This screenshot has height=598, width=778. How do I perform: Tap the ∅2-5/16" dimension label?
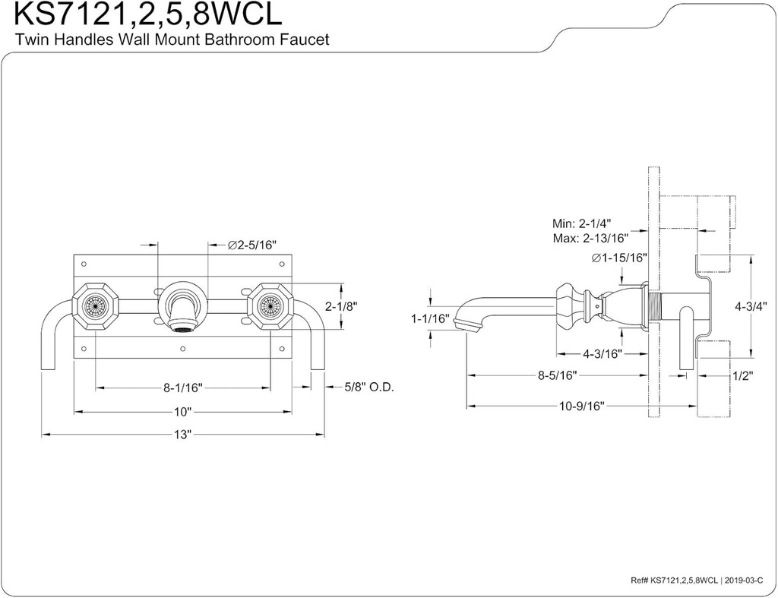pyautogui.click(x=251, y=245)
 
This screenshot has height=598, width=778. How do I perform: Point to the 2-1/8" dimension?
pyautogui.click(x=341, y=307)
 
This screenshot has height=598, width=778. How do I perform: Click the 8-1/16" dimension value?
pyautogui.click(x=183, y=387)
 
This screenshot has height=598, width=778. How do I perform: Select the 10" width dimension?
pyautogui.click(x=182, y=411)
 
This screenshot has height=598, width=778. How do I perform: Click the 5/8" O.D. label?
pyautogui.click(x=368, y=387)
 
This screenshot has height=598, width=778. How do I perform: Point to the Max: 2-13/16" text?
pyautogui.click(x=592, y=238)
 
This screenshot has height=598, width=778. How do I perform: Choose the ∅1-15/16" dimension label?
pyautogui.click(x=619, y=258)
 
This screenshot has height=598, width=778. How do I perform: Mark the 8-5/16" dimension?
pyautogui.click(x=557, y=375)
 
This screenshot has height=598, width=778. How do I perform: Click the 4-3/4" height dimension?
pyautogui.click(x=753, y=307)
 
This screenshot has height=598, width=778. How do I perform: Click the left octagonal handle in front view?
pyautogui.click(x=95, y=306)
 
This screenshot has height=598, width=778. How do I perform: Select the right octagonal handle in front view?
pyautogui.click(x=270, y=306)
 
